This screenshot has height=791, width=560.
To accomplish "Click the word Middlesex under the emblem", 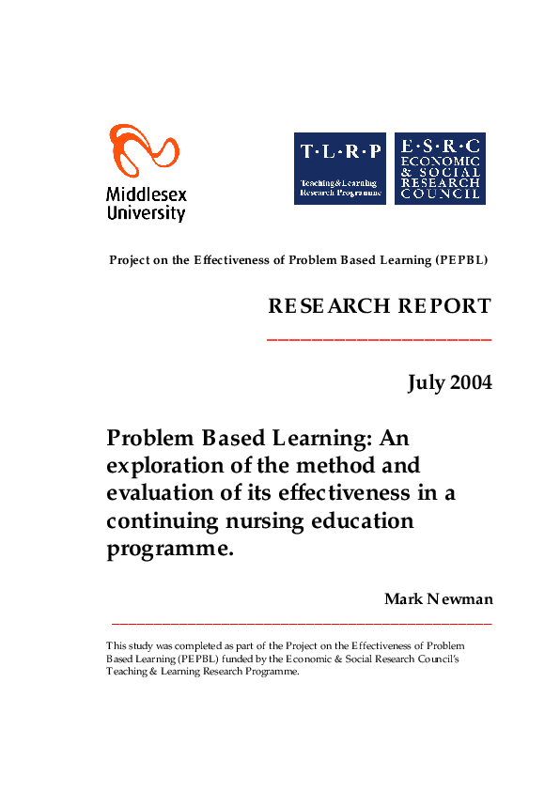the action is pyautogui.click(x=146, y=195).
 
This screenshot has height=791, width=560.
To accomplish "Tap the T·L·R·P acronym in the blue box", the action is pyautogui.click(x=340, y=151).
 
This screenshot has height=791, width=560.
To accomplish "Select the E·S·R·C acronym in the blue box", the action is pyautogui.click(x=440, y=146).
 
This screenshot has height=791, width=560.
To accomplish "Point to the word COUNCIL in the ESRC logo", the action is pyautogui.click(x=440, y=194).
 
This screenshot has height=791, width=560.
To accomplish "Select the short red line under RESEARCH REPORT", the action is pyautogui.click(x=380, y=338).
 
